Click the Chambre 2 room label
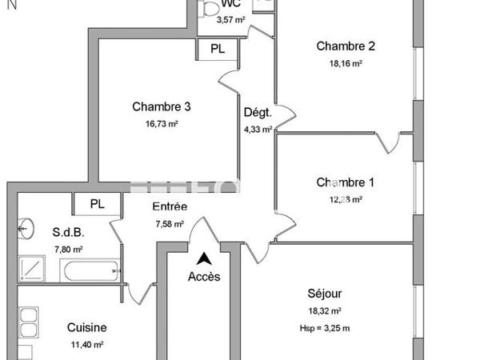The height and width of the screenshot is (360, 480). (x=346, y=46)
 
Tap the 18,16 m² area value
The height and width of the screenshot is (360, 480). (x=346, y=63)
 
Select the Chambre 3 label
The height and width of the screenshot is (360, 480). (x=162, y=106)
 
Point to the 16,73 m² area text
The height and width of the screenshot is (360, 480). (x=162, y=124)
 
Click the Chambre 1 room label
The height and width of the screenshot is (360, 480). (x=346, y=182)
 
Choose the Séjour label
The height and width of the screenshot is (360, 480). (x=326, y=293)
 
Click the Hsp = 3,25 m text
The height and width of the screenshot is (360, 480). (x=326, y=328)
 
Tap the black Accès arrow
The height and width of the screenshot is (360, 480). (x=205, y=258)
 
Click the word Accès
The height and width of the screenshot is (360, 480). (x=204, y=277)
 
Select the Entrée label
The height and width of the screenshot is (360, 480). (x=170, y=206)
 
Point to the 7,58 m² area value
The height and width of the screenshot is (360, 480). (x=170, y=224)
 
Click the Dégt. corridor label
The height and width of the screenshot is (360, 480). (x=258, y=112)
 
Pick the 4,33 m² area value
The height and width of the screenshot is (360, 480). (x=258, y=129)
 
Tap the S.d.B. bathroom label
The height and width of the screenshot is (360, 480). (x=69, y=233)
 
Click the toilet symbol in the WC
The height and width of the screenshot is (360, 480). (x=211, y=10)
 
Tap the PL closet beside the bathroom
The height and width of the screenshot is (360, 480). (x=97, y=204)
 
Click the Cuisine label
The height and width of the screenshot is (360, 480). (x=86, y=327)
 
